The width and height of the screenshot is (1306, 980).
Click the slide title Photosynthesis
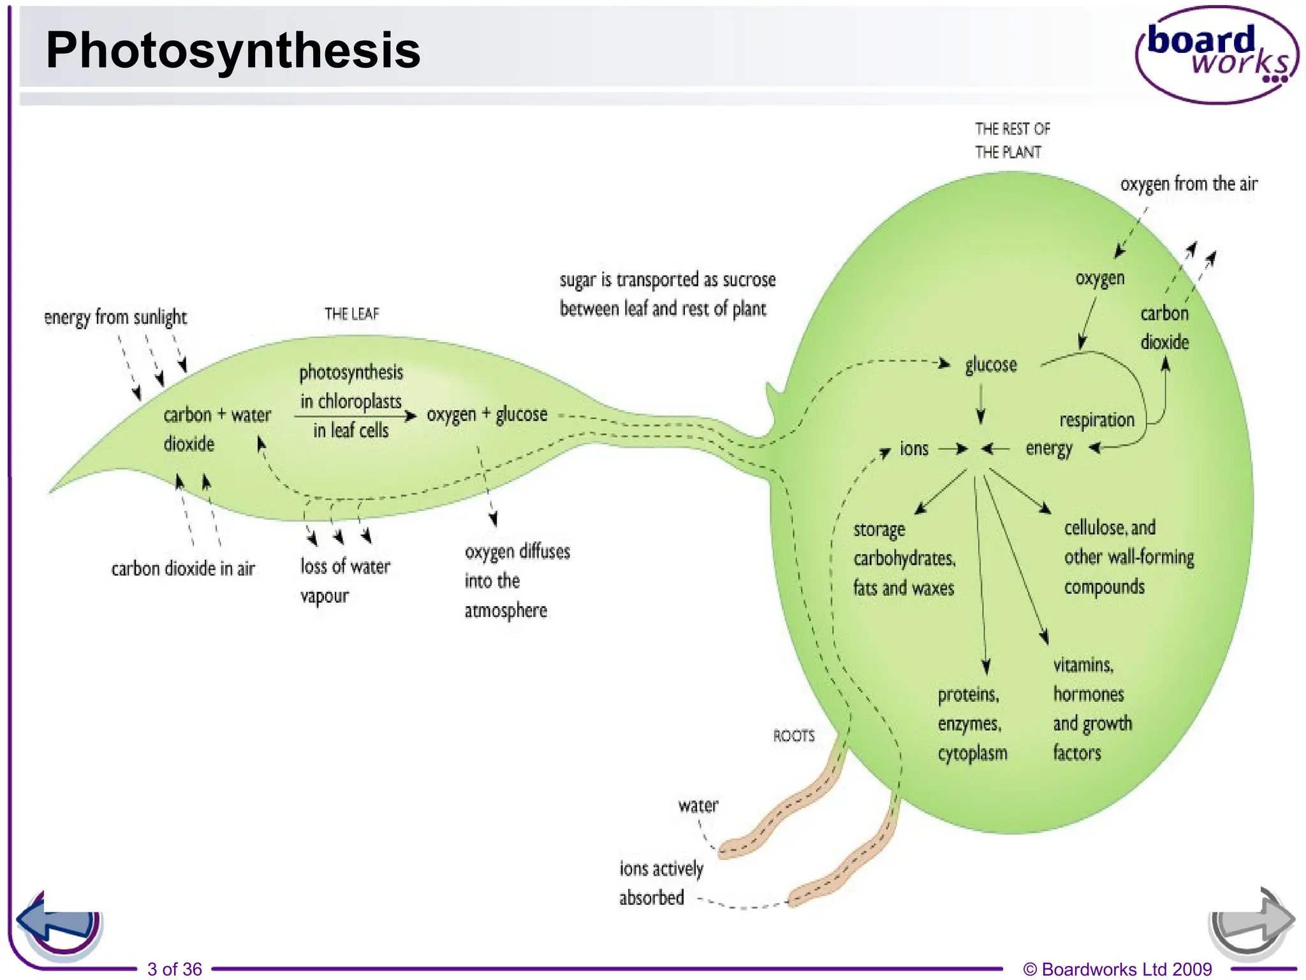click(233, 50)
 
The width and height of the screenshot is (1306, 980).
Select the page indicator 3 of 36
click(175, 969)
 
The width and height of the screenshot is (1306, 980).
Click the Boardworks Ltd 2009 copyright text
click(1117, 969)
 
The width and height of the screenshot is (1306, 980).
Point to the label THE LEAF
click(351, 314)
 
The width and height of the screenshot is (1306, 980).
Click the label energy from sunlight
click(115, 317)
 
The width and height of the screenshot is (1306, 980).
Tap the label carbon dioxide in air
click(183, 568)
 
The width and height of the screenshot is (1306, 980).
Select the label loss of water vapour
click(345, 581)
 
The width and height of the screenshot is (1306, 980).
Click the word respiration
click(1097, 420)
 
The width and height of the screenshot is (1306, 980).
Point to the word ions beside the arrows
click(914, 449)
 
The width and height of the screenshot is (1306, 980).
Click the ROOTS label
click(794, 736)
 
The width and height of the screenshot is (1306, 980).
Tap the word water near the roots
click(698, 805)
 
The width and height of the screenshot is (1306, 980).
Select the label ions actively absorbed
click(661, 883)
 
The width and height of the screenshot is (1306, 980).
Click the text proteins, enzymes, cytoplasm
click(972, 724)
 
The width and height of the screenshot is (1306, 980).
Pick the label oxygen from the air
click(1189, 184)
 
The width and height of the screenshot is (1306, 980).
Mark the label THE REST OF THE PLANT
click(1011, 140)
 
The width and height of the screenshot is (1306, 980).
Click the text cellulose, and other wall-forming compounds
click(1128, 557)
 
